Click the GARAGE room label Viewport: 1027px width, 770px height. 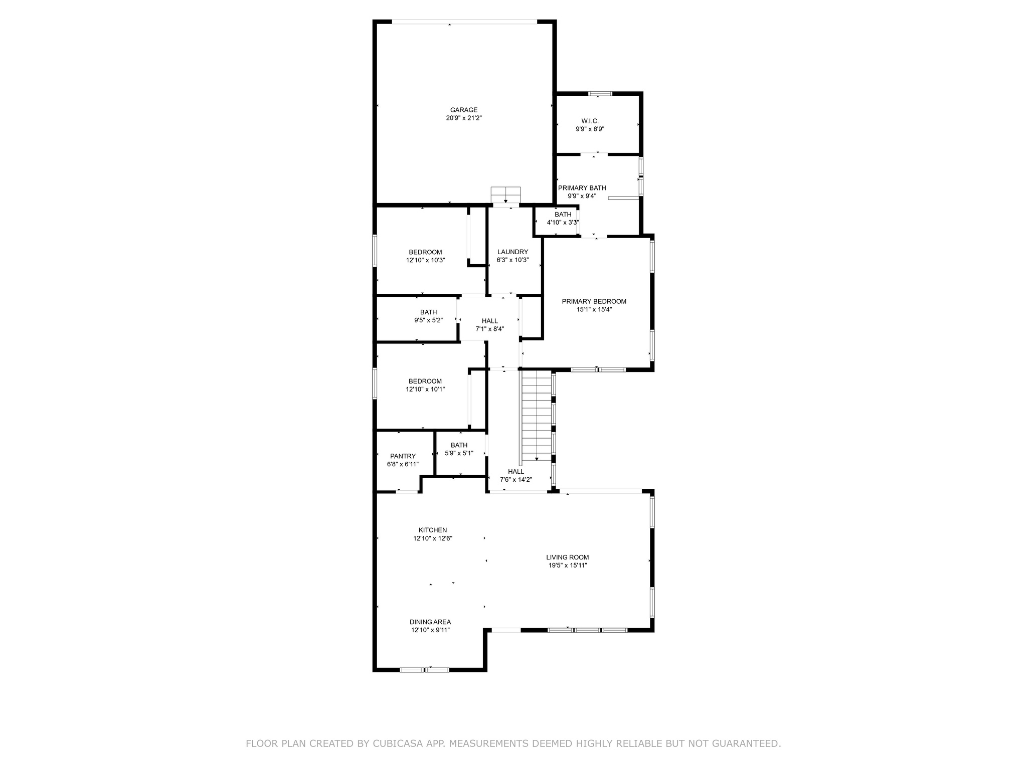tap(463, 110)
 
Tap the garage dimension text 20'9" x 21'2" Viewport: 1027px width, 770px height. tap(463, 118)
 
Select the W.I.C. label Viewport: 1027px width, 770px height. tap(590, 121)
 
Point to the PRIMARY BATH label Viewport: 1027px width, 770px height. tap(582, 188)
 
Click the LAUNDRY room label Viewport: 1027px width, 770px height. tap(512, 252)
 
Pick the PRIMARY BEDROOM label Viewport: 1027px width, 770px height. tap(594, 301)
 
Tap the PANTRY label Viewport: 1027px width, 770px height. tap(403, 456)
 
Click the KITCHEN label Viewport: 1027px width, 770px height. tap(433, 530)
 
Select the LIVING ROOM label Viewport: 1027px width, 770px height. tap(567, 557)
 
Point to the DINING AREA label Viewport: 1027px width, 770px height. tap(430, 622)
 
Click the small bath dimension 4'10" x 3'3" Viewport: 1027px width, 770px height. tap(563, 223)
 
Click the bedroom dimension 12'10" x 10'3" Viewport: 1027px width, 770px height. tap(425, 261)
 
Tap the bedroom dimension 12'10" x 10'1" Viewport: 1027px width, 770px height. tap(425, 389)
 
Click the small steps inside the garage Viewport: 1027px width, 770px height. tap(505, 194)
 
